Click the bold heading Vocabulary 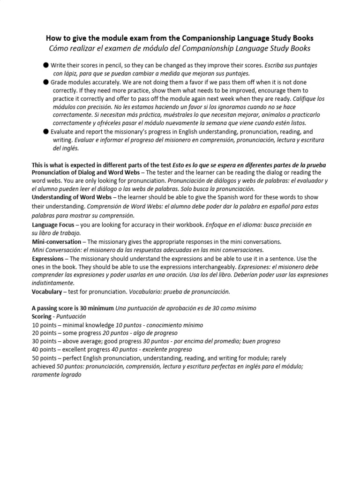click(x=46, y=292)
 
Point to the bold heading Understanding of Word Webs click(x=72, y=197)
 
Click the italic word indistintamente click(x=53, y=283)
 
